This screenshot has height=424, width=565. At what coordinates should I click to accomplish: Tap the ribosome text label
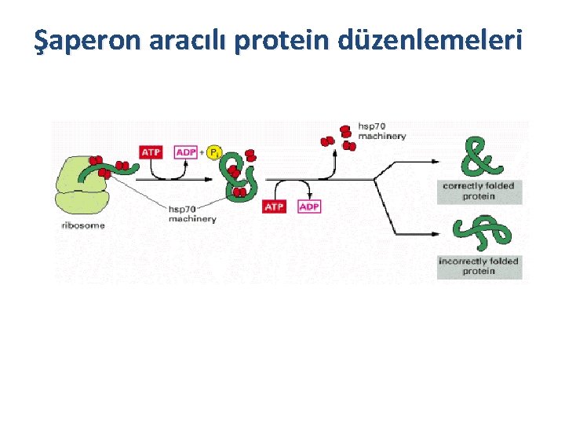coord(82,225)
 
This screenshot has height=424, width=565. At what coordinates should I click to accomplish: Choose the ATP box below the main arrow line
coord(274,207)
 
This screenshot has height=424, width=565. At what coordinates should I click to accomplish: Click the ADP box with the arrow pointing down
coord(309,207)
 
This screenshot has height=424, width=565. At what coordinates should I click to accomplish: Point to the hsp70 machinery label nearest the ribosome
coord(192,214)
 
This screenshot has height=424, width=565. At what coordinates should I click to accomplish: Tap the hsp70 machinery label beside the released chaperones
coord(382,130)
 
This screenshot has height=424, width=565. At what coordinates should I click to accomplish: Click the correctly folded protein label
coord(479,191)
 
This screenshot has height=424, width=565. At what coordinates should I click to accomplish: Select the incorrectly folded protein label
coord(479,266)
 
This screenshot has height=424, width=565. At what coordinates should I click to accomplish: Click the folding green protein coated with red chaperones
coord(238,173)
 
